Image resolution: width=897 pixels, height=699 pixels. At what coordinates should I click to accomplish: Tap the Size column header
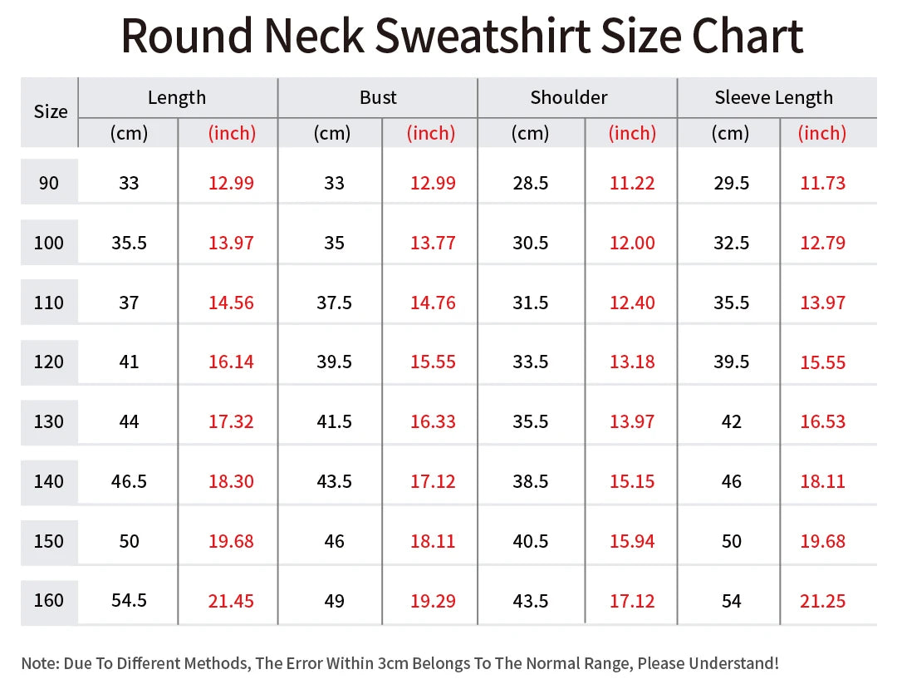point(50,112)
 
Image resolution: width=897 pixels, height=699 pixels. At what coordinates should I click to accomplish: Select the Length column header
point(177,97)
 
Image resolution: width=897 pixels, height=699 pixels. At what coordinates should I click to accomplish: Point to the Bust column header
point(378,97)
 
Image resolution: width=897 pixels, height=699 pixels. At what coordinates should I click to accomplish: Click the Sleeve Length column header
point(773,97)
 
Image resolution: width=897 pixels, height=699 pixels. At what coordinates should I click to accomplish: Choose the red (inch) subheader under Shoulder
point(632,133)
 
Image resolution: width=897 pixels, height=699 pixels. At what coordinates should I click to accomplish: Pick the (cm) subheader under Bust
point(331,133)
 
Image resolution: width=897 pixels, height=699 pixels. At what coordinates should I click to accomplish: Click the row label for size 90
point(49,183)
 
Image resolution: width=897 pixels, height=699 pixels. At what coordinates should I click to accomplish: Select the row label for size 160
point(49,600)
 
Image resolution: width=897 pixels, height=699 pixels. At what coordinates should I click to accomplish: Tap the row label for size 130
point(49,421)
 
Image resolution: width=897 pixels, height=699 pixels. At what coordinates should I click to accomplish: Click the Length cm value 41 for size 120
point(129,362)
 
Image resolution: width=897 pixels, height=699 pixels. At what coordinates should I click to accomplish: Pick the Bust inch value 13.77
point(433,243)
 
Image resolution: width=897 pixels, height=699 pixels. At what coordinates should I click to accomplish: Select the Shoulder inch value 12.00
point(632,243)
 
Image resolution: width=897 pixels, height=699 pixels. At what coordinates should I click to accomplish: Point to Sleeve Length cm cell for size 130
point(731,421)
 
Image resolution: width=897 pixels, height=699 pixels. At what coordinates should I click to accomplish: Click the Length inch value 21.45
point(231,600)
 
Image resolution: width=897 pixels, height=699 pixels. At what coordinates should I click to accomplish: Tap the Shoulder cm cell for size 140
point(531,481)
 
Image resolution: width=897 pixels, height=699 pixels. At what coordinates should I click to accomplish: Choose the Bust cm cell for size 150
point(334,541)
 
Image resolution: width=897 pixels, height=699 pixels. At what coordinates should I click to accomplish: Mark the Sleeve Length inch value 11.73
point(822,183)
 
